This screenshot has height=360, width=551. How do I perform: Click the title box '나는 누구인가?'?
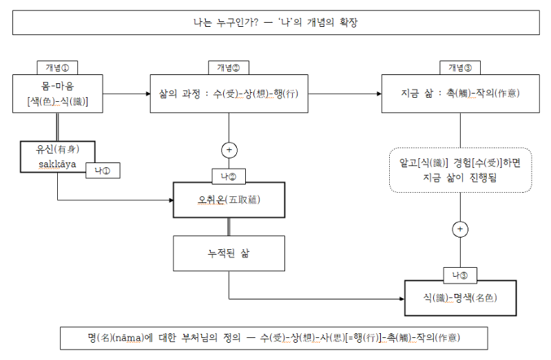pos(275,23)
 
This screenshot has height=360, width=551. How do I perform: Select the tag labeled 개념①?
pos(57,67)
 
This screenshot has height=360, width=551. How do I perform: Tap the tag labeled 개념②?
pos(228,67)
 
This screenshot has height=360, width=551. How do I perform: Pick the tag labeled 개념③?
pos(459,67)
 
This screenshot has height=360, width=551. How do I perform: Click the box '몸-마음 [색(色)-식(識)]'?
pos(57,94)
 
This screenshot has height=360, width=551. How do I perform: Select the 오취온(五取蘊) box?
pos(229,200)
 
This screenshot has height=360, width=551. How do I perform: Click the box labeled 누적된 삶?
pos(229,253)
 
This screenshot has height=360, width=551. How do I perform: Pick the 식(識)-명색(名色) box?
pos(459,298)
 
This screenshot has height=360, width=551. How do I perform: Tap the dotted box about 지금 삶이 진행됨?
pos(459,169)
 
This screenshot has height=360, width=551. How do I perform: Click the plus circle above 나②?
pos(229,150)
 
